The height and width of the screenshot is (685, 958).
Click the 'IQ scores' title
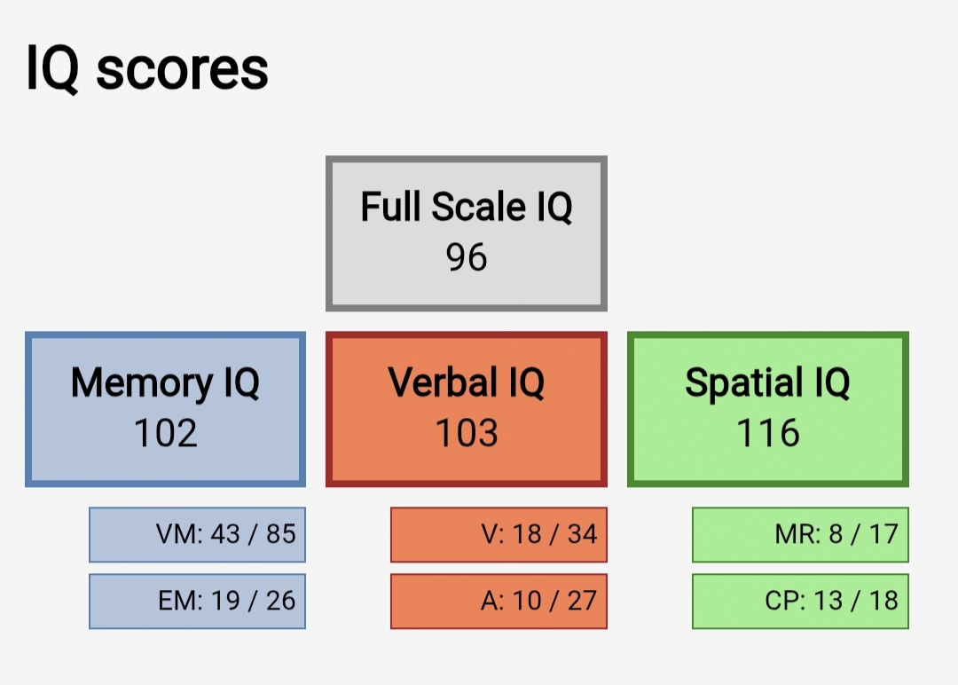coord(146,70)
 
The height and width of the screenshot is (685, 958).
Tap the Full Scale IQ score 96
coord(467,256)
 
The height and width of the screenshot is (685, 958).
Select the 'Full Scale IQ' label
coord(467,207)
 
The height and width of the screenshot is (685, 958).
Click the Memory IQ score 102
coord(165,433)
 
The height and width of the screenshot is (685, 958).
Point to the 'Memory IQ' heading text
coord(165,383)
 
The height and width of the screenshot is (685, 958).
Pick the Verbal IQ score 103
coord(467,433)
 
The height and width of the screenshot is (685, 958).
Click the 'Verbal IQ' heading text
coord(467,382)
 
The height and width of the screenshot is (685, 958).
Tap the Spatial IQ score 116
coord(768,433)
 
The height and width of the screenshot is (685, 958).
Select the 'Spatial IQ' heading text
coord(767,383)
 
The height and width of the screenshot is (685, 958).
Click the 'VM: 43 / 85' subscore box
coord(197,535)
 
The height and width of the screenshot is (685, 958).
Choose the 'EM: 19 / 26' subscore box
coord(197,602)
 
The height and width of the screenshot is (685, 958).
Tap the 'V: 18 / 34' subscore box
coord(499,535)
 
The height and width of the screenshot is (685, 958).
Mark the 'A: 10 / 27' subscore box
coord(499,602)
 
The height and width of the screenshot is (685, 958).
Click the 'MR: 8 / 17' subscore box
coord(800,535)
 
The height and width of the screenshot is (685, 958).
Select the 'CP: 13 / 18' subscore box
coord(800,602)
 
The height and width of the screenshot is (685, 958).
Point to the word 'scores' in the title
coord(182,71)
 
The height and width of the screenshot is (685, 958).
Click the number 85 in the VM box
coord(281,534)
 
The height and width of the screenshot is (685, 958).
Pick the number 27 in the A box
coord(582,601)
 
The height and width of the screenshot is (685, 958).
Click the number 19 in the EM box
coord(225,601)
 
